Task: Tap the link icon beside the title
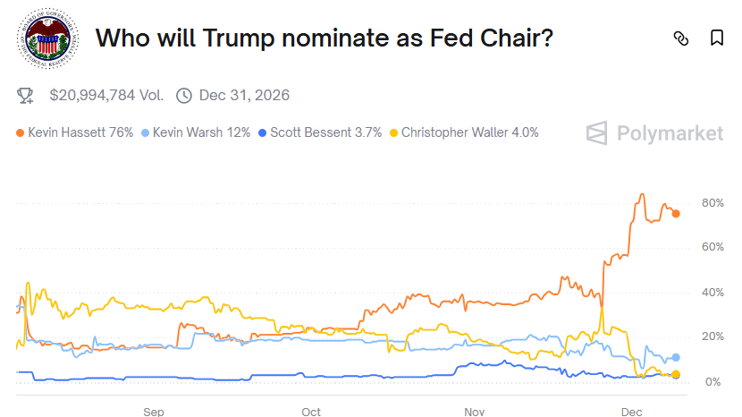[681, 38]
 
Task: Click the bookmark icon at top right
[716, 38]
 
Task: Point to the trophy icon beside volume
[27, 95]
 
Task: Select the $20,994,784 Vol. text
[106, 95]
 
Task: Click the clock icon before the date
[184, 95]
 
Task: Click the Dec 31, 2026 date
[244, 95]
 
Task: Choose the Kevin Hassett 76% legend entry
[75, 132]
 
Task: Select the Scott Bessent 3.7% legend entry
[319, 132]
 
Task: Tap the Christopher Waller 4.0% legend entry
[464, 132]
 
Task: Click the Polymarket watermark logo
[654, 133]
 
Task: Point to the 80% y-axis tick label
[712, 203]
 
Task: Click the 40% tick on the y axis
[712, 293]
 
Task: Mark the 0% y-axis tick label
[712, 382]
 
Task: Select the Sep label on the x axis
[154, 411]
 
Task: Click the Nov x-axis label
[474, 411]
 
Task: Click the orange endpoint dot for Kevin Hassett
[676, 213]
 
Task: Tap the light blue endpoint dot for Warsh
[676, 357]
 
